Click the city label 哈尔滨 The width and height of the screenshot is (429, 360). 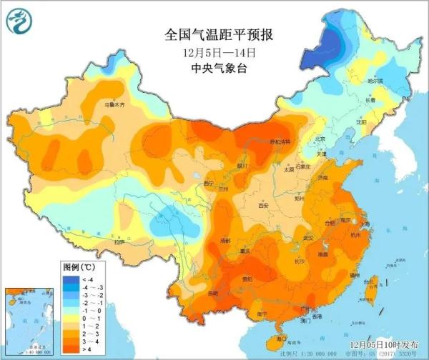coord(375,81)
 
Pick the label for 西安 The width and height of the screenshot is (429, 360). coord(263,206)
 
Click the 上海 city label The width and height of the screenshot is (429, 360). coord(365,224)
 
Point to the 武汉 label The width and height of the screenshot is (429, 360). coord(309,236)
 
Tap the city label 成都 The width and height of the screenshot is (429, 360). coord(226,241)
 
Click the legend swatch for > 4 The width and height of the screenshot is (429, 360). coord(70,349)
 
